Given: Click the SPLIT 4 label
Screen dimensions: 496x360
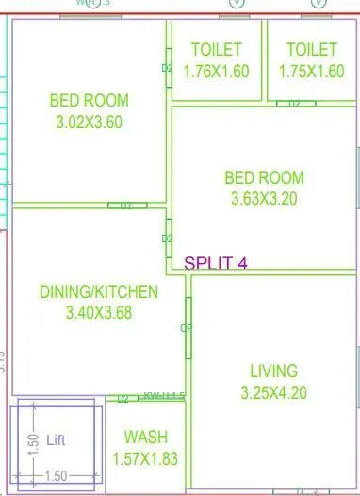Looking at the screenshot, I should click(216, 263).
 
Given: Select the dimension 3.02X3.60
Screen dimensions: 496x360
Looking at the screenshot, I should click(90, 121).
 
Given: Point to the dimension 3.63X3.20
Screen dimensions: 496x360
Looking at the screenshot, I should click(264, 198).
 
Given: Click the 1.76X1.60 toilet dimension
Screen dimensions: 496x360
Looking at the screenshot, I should click(216, 72).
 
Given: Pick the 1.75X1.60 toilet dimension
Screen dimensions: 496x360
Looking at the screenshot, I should click(311, 72).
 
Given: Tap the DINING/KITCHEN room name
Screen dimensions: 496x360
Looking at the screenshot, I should click(99, 292).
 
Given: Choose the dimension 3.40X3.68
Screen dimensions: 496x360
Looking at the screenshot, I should click(99, 313).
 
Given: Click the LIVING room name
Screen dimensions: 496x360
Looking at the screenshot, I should click(273, 371).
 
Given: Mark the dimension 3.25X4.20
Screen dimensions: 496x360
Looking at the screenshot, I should click(273, 391).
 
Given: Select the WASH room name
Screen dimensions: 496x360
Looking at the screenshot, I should click(146, 438).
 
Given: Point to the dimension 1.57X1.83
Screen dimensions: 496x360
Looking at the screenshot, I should click(146, 459).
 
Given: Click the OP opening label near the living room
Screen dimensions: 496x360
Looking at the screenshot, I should click(185, 328).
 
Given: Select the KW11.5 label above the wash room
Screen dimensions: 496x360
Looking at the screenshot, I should click(164, 396).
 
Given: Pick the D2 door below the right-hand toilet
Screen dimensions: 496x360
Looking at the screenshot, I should click(294, 103).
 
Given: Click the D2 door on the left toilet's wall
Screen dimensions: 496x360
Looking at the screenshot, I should click(166, 68).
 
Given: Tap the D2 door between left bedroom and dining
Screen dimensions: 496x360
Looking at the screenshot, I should click(126, 205).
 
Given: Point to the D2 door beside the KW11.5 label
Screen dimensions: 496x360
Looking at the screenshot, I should click(123, 399).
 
